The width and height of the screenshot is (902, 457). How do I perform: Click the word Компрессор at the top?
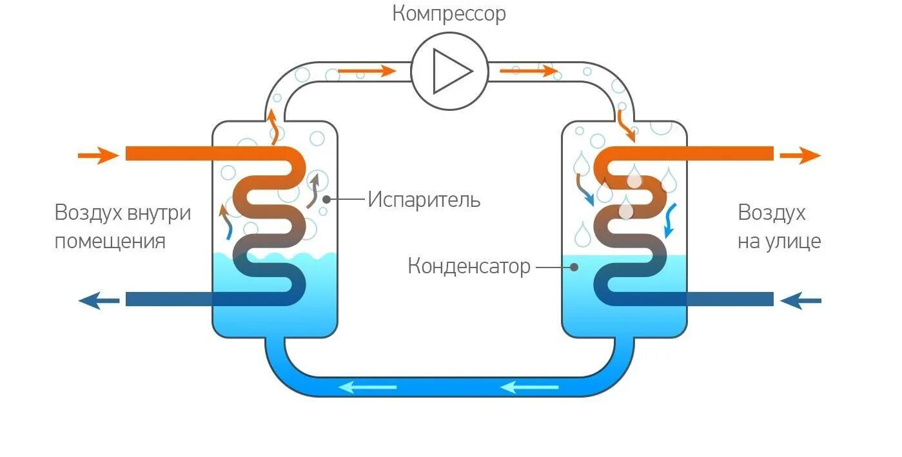[449, 14]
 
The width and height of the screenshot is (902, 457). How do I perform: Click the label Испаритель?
[424, 200]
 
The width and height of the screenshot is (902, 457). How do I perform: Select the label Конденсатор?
[469, 266]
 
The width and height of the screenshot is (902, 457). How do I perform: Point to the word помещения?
[110, 242]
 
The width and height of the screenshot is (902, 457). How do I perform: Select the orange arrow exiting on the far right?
[799, 155]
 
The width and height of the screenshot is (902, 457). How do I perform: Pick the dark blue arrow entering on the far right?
[801, 300]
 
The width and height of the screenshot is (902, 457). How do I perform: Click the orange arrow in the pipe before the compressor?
[366, 70]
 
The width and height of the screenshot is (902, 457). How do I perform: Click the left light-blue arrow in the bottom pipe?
[368, 387]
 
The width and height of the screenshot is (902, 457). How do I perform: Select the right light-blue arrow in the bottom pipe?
[529, 387]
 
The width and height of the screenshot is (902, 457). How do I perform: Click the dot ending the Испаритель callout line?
[327, 200]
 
